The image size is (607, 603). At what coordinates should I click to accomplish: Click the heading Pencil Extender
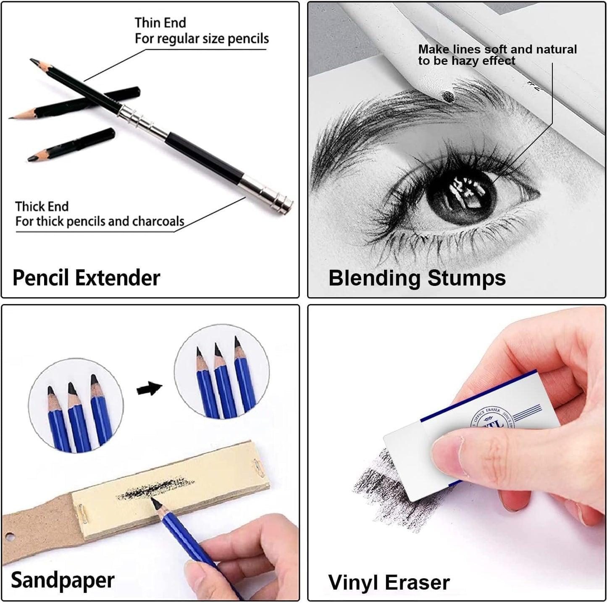(86, 278)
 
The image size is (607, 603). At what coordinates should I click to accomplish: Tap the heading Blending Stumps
(417, 278)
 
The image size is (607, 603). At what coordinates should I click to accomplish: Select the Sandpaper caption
(63, 580)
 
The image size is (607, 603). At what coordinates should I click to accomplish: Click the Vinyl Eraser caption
(389, 583)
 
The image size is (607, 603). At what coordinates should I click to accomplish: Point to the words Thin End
(160, 23)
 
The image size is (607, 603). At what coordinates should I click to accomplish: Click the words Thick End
(42, 206)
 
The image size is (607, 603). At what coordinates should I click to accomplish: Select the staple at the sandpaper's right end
(256, 468)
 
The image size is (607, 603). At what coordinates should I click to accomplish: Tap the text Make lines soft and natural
(497, 49)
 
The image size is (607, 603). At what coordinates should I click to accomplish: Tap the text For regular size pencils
(202, 39)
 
